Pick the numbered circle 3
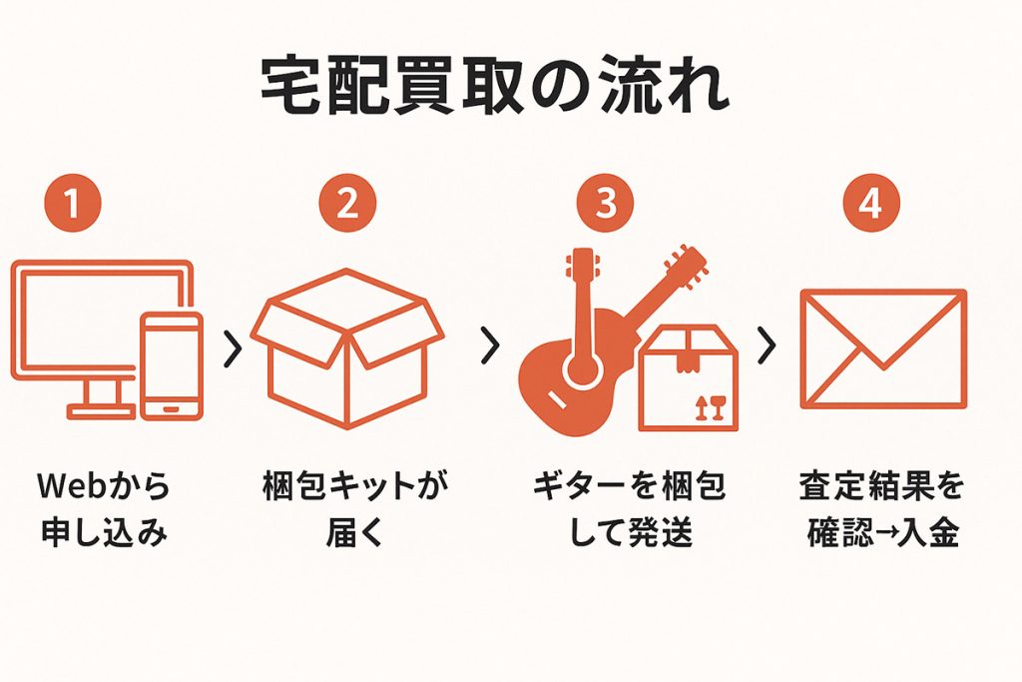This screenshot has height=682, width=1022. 606,205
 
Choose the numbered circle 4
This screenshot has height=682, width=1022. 870,205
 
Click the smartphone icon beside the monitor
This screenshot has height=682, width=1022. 172,364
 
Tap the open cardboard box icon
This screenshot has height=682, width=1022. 346,349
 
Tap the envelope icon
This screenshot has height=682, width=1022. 883,348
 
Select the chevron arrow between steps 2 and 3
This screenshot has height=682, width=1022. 489,345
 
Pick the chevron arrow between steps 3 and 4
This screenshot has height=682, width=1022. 766,345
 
